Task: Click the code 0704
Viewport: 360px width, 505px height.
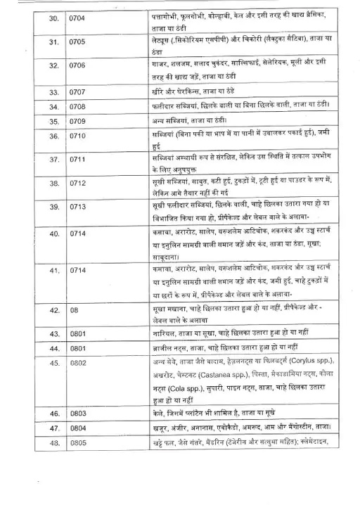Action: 77,15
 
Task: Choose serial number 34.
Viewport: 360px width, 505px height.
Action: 33,106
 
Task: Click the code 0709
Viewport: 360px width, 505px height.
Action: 77,120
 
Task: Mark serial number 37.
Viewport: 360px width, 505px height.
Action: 33,160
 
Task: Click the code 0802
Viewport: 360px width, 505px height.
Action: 77,362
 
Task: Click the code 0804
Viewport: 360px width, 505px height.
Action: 77,428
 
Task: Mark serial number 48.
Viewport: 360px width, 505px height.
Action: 33,442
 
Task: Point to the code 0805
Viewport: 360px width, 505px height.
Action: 77,442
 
